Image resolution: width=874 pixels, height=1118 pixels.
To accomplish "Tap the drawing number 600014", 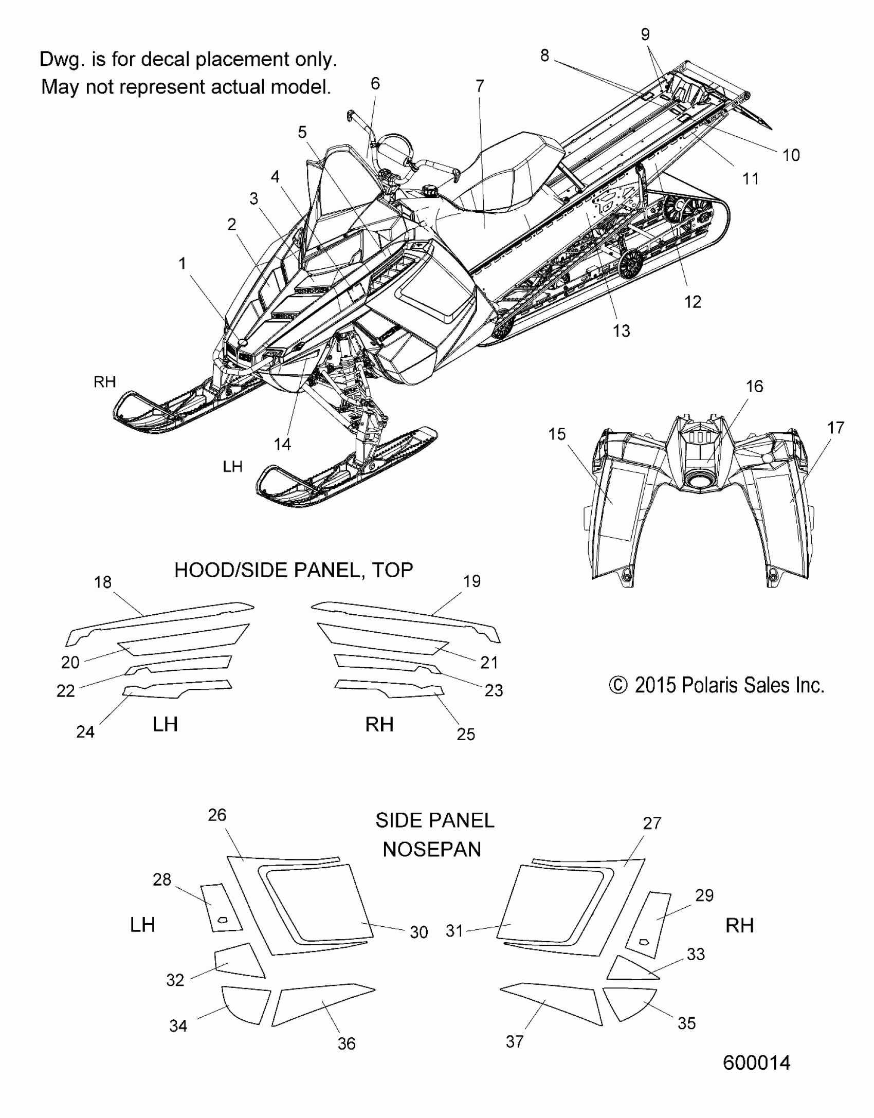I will tap(756, 1062).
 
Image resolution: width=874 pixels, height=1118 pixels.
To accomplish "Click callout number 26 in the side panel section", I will tap(217, 815).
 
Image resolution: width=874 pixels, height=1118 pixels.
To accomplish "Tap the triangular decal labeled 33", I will tap(630, 969).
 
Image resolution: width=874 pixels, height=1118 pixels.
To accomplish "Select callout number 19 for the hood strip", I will tap(472, 581).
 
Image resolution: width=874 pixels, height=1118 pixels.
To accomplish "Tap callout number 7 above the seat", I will tap(480, 86).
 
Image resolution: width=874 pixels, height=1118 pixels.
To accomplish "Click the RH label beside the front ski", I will tap(105, 381).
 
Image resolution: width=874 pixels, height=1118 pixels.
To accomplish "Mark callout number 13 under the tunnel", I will tap(622, 331).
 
